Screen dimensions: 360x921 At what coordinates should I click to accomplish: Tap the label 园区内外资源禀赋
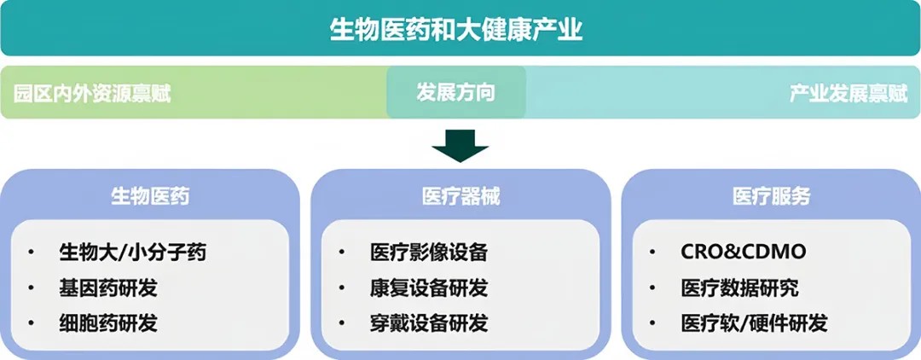click(93, 93)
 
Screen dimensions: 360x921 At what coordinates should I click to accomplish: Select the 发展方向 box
click(455, 92)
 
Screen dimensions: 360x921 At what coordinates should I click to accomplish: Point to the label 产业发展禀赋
click(848, 93)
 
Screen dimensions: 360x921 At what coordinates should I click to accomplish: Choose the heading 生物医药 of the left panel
click(150, 196)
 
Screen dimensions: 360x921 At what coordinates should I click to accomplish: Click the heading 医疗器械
click(460, 196)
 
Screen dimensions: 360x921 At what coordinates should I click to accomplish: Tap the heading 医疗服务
click(771, 196)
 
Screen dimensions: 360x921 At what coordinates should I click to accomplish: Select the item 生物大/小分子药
click(132, 253)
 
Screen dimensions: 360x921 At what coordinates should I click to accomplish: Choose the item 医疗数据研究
click(739, 287)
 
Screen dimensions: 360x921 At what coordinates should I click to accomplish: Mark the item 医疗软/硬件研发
click(754, 323)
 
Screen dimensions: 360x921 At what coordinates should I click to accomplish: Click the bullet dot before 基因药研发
click(32, 288)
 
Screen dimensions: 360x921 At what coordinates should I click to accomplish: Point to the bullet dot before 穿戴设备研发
click(342, 324)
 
